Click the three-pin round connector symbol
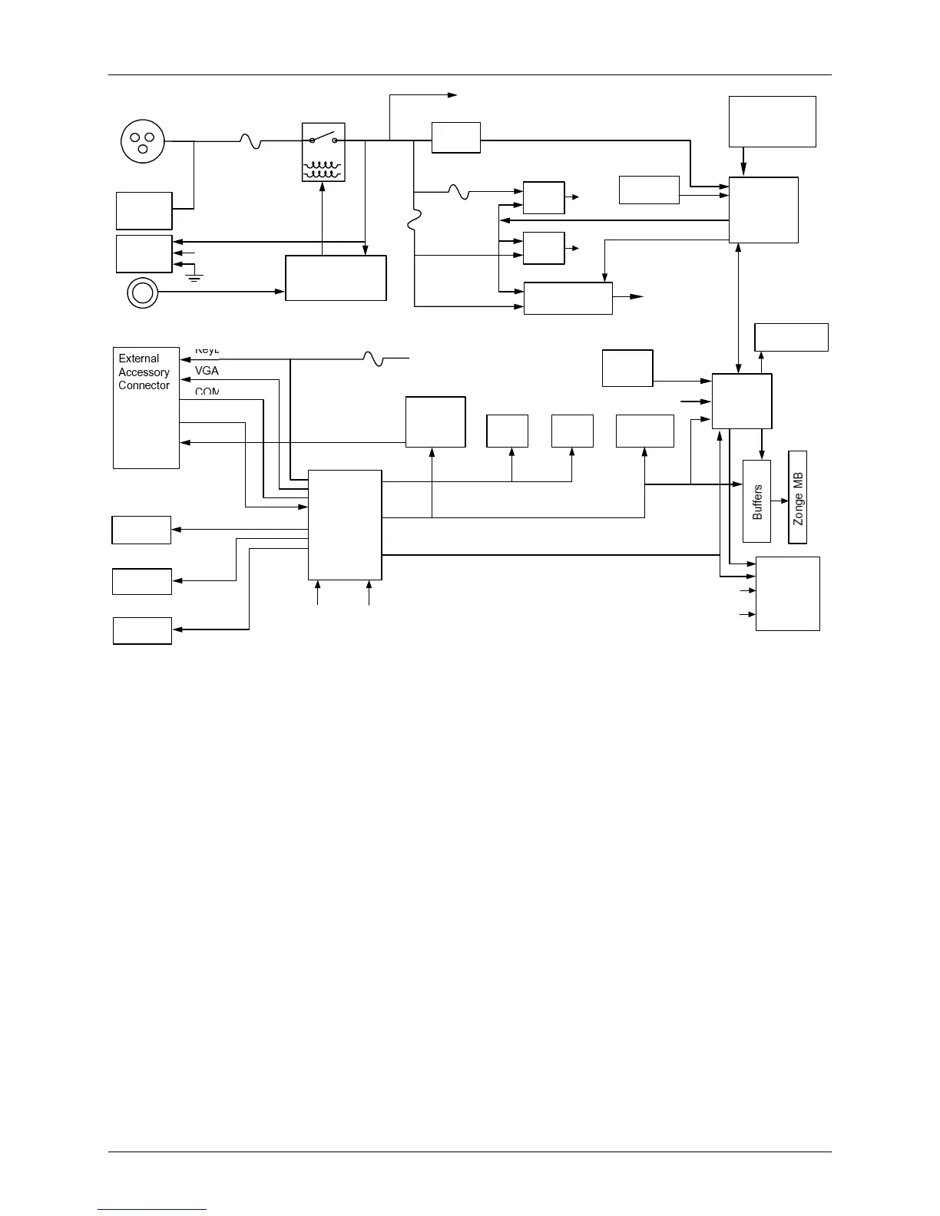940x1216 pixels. click(x=143, y=141)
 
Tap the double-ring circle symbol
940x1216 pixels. click(x=142, y=292)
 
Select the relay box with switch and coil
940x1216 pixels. click(x=323, y=152)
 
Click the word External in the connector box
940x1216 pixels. click(x=139, y=359)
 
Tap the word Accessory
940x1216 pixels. click(x=144, y=372)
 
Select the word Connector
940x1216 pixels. click(x=144, y=385)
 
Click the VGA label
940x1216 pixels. click(x=207, y=371)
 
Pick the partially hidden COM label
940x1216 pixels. click(x=207, y=392)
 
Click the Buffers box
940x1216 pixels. click(x=756, y=501)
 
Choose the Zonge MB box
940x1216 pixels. click(x=798, y=497)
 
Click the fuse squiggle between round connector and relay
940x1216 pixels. click(x=250, y=141)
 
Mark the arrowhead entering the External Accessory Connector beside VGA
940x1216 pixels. click(x=184, y=379)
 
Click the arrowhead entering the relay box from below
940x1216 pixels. click(x=323, y=186)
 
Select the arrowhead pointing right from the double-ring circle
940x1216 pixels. click(x=280, y=292)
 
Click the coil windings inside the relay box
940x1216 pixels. click(x=323, y=169)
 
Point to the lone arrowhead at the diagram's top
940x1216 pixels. click(x=453, y=95)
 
